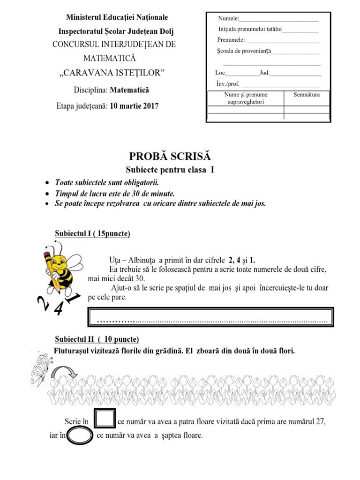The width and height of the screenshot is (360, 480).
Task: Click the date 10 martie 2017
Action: click(x=134, y=106)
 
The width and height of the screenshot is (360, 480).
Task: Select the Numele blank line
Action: click(x=278, y=19)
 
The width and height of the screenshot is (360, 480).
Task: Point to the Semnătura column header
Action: click(x=306, y=95)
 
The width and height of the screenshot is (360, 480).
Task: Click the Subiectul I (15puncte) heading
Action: click(x=92, y=234)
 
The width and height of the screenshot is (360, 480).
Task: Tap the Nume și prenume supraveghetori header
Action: click(x=245, y=98)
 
